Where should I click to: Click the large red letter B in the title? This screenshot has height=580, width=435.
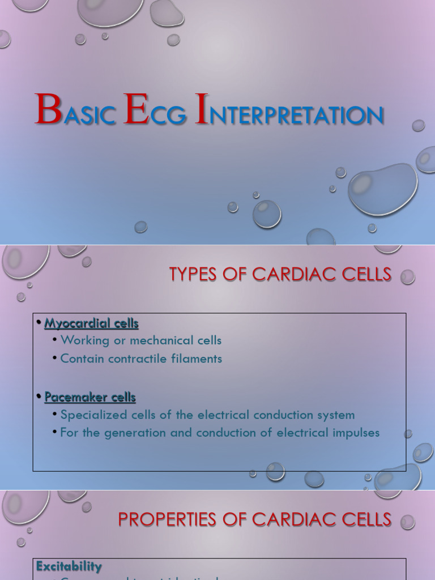(48, 109)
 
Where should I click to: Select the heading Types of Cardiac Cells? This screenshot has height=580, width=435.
(280, 274)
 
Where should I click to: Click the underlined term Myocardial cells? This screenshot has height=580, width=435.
(91, 323)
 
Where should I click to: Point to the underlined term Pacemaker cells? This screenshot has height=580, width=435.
(90, 397)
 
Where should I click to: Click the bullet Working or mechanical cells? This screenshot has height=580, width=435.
(140, 340)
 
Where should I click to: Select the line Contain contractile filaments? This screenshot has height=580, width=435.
(141, 359)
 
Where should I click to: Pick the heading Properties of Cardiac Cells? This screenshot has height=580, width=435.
(254, 519)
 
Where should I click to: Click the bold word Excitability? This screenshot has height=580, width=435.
(69, 566)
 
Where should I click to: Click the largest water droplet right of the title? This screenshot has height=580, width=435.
(382, 189)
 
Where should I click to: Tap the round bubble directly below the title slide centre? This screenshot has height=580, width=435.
(266, 214)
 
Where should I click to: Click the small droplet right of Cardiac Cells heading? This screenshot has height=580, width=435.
(407, 277)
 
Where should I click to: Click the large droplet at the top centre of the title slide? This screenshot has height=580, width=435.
(110, 11)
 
